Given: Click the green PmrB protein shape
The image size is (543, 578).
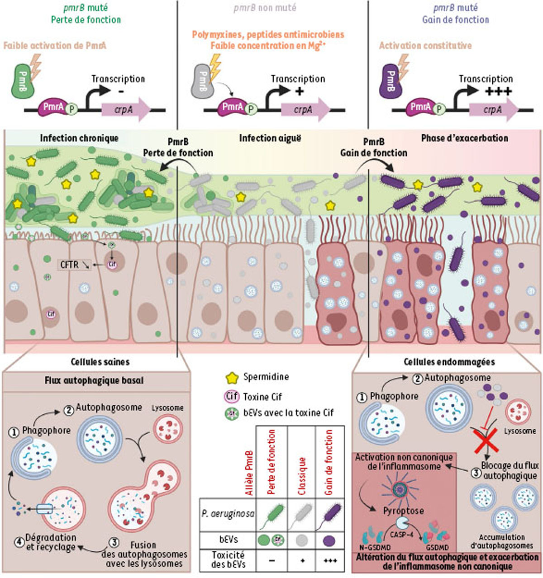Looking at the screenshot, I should (x=22, y=80).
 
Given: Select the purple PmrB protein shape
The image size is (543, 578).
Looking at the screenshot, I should (x=391, y=80).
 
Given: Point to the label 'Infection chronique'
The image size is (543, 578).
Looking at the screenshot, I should (x=79, y=138).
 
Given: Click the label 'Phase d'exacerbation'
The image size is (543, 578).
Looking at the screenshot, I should (x=464, y=138).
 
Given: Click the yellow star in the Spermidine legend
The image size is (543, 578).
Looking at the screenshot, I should (x=232, y=378).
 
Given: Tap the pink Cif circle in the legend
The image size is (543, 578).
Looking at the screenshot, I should (x=232, y=397).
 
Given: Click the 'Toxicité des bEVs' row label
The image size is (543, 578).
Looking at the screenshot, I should (x=228, y=559).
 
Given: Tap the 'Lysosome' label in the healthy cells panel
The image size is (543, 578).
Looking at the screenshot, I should (x=167, y=407).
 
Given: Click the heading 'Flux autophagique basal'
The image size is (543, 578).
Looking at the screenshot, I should (x=94, y=380).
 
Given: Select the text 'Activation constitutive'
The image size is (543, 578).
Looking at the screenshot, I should (x=425, y=46).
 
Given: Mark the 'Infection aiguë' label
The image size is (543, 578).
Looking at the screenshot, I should (x=270, y=138).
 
